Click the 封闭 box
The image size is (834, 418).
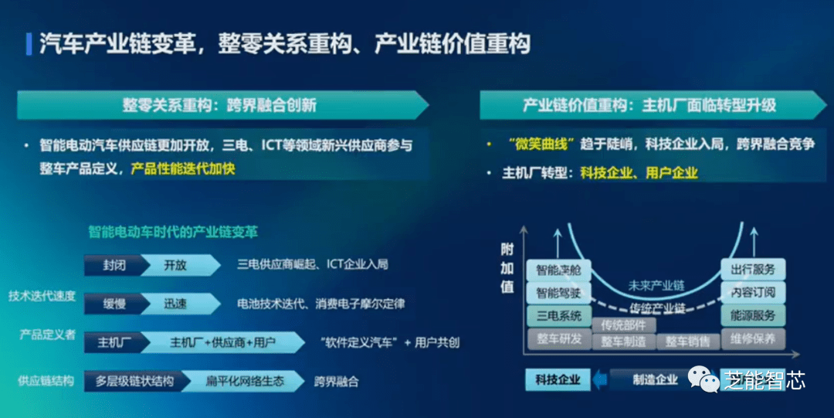pyautogui.click(x=114, y=265)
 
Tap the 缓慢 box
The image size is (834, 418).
pyautogui.click(x=114, y=304)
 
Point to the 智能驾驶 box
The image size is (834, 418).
pyautogui.click(x=558, y=293)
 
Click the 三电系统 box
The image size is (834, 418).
pyautogui.click(x=558, y=315)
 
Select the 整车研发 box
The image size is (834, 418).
pyautogui.click(x=558, y=338)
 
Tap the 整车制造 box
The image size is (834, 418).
pyautogui.click(x=623, y=342)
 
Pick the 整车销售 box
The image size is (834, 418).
pyautogui.click(x=687, y=342)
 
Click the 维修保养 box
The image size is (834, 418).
pyautogui.click(x=753, y=338)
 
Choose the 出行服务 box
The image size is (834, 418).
pyautogui.click(x=753, y=270)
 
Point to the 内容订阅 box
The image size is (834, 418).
pyautogui.click(x=753, y=293)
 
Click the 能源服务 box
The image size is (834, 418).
pyautogui.click(x=753, y=315)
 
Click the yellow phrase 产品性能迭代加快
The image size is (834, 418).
pyautogui.click(x=183, y=168)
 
